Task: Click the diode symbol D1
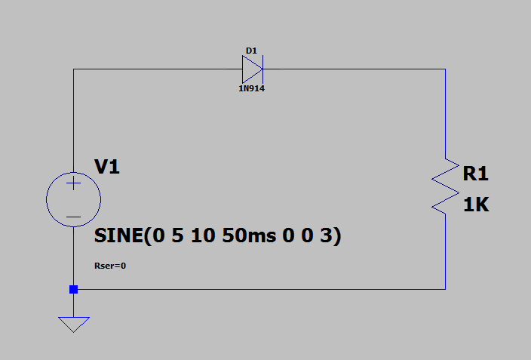(252, 70)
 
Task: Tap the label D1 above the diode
(251, 51)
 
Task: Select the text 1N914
(252, 89)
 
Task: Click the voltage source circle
(73, 201)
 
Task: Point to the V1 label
(106, 167)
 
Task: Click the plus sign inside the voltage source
(73, 183)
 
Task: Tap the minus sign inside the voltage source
(73, 217)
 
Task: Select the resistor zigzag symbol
(445, 186)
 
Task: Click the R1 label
(475, 174)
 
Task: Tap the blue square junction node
(73, 289)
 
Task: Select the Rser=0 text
(110, 266)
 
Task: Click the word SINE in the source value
(120, 236)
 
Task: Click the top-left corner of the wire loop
(73, 70)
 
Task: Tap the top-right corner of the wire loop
(445, 70)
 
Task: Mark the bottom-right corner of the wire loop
(445, 289)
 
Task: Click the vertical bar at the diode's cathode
(262, 70)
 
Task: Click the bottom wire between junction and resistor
(256, 289)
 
